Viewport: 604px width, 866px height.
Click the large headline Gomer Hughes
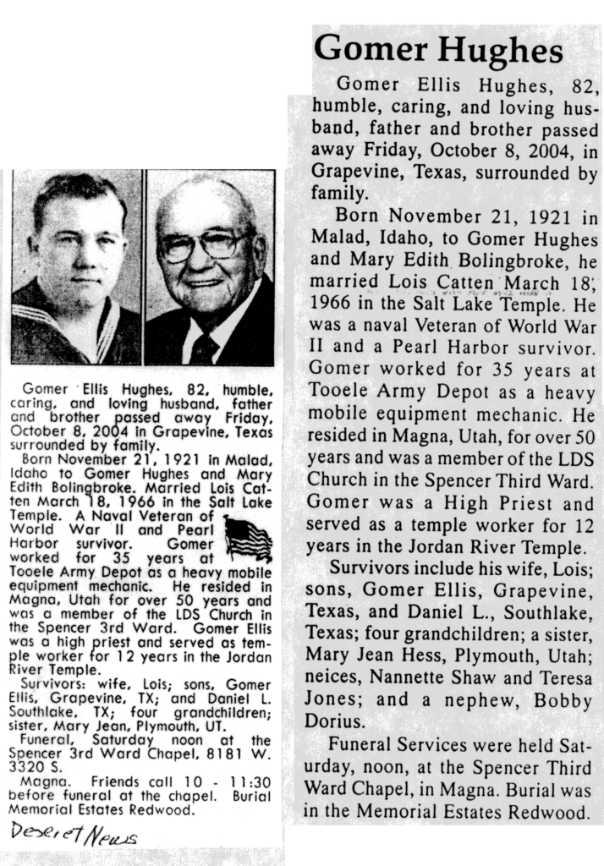442,50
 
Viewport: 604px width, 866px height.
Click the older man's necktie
204,347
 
